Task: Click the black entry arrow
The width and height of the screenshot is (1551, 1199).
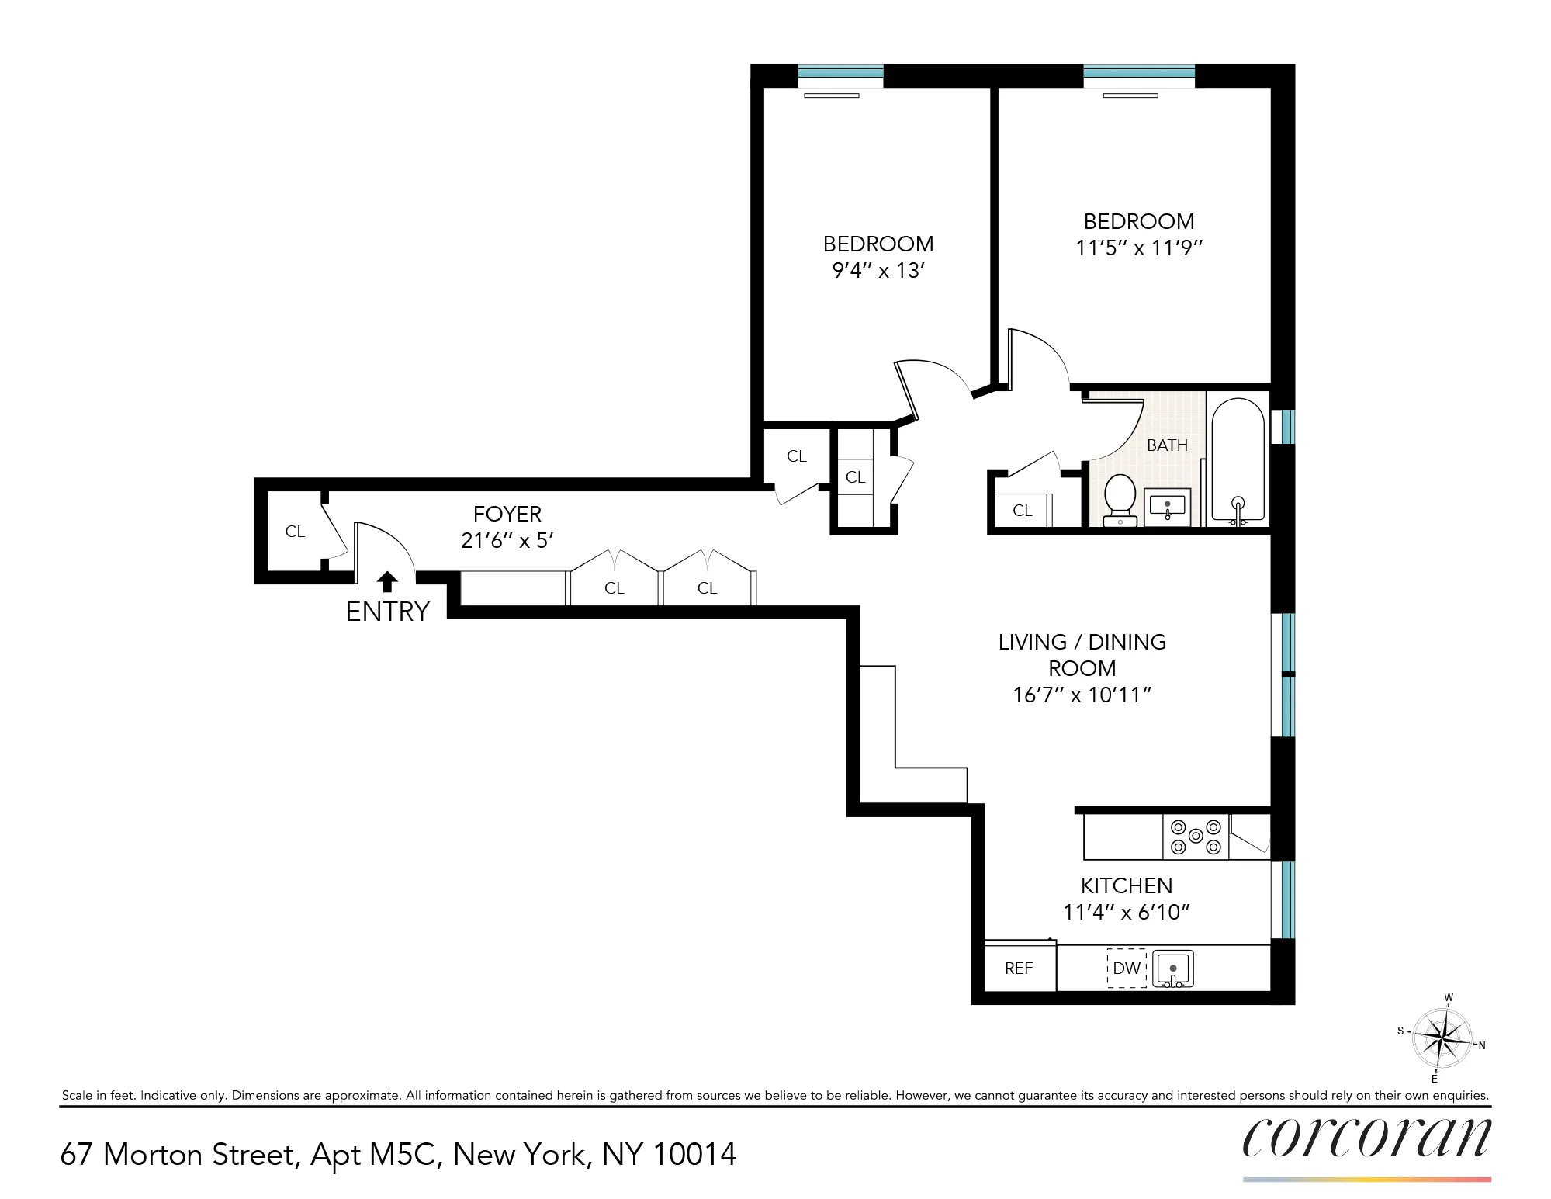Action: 387,581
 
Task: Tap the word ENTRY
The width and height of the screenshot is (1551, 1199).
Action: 387,612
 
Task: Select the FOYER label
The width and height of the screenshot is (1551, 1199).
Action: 507,514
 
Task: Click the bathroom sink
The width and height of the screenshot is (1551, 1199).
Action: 1168,508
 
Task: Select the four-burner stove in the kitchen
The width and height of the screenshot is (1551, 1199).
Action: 1196,837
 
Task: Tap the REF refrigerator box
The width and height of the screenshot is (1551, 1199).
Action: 1019,969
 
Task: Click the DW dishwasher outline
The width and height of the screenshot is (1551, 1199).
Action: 1127,969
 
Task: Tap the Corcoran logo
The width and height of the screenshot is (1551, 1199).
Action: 1366,1138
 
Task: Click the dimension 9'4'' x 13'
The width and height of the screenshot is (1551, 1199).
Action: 878,271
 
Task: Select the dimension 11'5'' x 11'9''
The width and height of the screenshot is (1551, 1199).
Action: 1138,248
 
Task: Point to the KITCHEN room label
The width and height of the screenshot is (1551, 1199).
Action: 1127,885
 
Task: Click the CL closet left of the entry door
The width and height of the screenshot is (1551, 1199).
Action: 295,532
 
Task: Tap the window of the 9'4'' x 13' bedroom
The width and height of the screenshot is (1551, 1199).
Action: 840,75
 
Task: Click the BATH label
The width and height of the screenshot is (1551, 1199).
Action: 1167,445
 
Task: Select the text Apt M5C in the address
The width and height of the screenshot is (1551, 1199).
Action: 376,1155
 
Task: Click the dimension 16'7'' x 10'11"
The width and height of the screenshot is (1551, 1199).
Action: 1082,695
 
